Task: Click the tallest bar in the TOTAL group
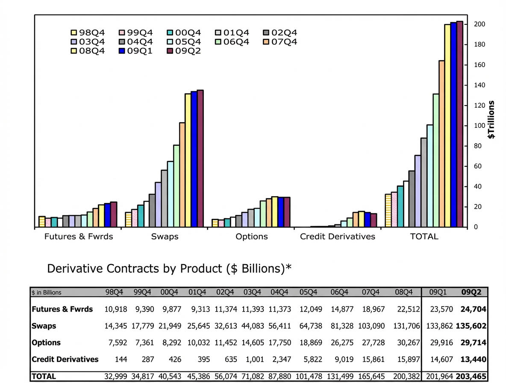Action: (460, 124)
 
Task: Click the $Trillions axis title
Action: (492, 120)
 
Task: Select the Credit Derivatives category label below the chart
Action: (337, 236)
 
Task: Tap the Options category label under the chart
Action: (252, 236)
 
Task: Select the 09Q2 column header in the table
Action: (471, 293)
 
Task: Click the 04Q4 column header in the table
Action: (280, 293)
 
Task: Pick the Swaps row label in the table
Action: (44, 326)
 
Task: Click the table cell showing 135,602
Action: (472, 326)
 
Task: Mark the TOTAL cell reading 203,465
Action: (472, 376)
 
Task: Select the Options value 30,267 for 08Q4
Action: (402, 342)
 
